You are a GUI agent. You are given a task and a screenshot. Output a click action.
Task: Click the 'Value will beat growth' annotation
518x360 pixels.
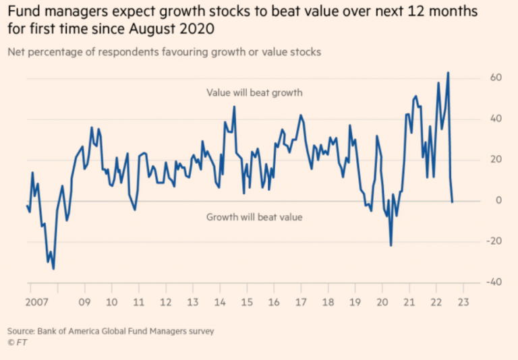click(254, 93)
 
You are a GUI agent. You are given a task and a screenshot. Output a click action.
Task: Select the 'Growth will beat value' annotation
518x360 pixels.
click(254, 217)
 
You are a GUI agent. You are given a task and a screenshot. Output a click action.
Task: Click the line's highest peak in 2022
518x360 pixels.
click(448, 72)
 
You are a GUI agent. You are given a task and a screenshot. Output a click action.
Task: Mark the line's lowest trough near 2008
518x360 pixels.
click(53, 269)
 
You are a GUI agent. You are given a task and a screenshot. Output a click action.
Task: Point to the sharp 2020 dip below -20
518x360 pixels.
click(391, 245)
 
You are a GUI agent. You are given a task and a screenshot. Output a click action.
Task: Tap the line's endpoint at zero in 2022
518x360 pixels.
click(452, 202)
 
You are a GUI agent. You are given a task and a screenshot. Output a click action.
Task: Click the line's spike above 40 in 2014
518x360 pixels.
click(234, 107)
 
